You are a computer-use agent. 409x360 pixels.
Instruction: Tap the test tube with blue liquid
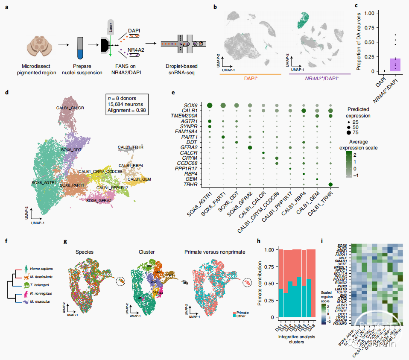(79, 48)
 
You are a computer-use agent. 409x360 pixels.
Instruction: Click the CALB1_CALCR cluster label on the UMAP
(70, 108)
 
